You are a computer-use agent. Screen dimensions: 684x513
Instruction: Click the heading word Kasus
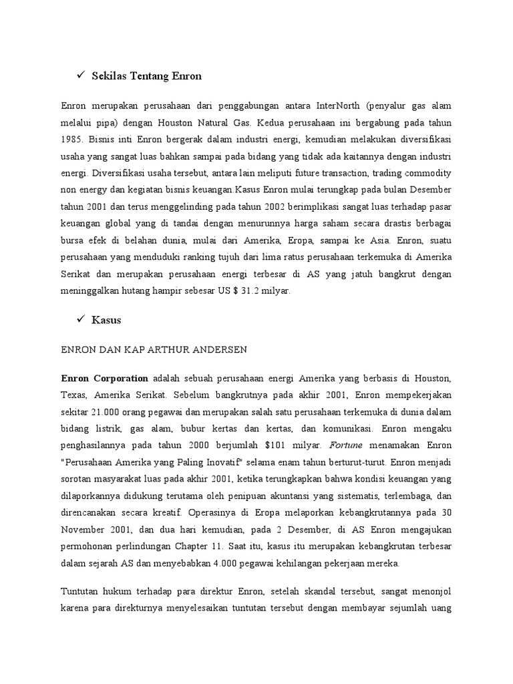coord(107,320)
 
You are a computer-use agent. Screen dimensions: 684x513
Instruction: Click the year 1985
coord(71,140)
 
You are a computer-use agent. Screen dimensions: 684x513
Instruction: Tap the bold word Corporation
coord(120,379)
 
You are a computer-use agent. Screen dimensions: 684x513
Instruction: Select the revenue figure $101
coord(279,445)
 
